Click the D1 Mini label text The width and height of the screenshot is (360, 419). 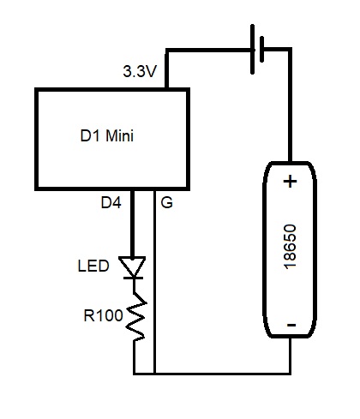point(107,135)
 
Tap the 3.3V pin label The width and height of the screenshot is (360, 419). point(140,71)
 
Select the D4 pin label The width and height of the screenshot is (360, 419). point(111,202)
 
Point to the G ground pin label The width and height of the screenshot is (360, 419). point(167,202)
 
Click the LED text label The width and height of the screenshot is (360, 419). point(93,266)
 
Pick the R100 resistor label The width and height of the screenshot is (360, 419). point(103,315)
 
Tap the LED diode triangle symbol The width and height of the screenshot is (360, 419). point(132,266)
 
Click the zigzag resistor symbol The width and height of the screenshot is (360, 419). point(135,316)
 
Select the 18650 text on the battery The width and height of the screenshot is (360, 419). point(290,247)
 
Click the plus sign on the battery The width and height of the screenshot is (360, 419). point(290,182)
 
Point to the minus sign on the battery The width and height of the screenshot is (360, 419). point(291,325)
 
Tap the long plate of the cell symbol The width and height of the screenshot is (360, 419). point(253,50)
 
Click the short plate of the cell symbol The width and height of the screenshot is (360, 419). point(261,49)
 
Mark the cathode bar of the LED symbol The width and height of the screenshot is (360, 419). point(133,278)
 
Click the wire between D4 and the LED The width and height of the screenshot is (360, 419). point(132,224)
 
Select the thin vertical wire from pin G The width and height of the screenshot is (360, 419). point(154,282)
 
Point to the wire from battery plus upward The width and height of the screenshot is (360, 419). point(290,105)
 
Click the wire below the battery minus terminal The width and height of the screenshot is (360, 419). point(290,356)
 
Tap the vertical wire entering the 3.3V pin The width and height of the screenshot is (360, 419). point(167,69)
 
